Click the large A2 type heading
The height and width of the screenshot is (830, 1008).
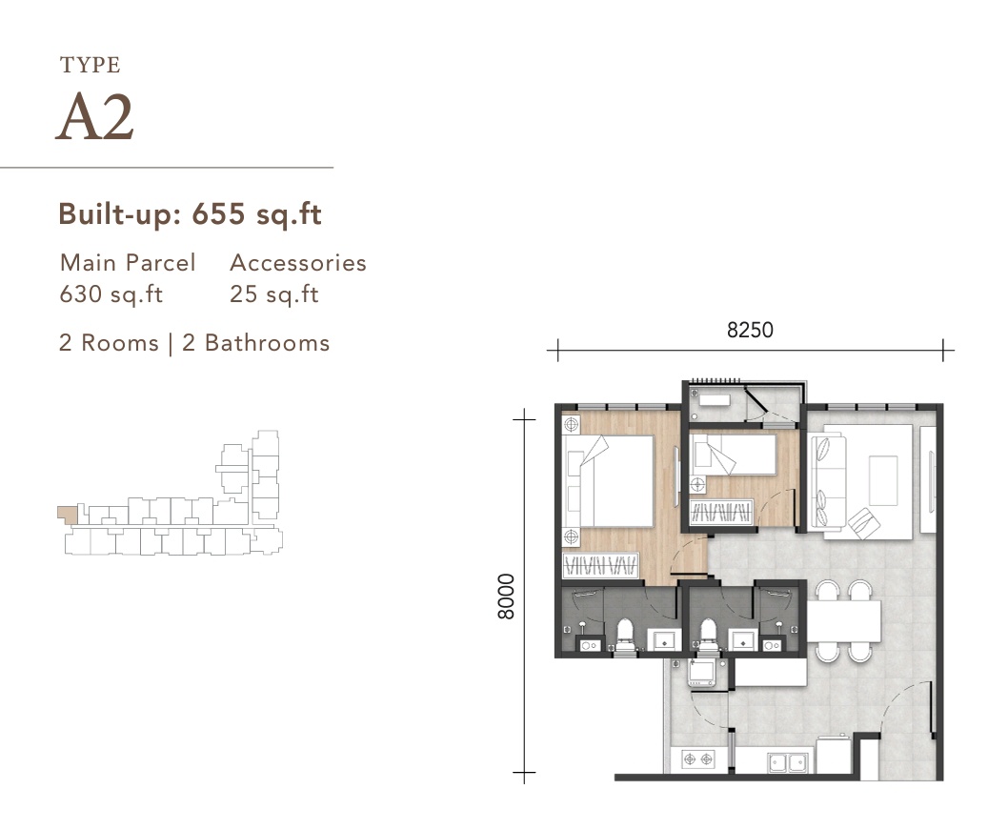pyautogui.click(x=94, y=118)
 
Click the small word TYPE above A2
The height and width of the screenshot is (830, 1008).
pyautogui.click(x=90, y=66)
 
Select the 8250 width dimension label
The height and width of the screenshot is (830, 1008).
pyautogui.click(x=750, y=331)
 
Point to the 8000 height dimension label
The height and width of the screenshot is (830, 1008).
pyautogui.click(x=506, y=597)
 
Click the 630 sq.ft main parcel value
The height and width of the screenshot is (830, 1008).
pyautogui.click(x=111, y=294)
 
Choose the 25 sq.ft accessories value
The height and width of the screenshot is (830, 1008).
pyautogui.click(x=273, y=294)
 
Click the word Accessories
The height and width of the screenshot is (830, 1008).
pyautogui.click(x=297, y=263)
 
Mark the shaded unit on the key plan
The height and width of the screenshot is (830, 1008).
pyautogui.click(x=66, y=514)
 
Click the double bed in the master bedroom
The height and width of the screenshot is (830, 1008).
pyautogui.click(x=614, y=481)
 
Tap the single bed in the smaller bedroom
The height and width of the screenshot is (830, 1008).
pyautogui.click(x=736, y=454)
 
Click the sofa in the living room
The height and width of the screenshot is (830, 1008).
pyautogui.click(x=825, y=481)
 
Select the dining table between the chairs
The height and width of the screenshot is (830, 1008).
pyautogui.click(x=844, y=621)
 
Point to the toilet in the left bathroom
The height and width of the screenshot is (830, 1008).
pyautogui.click(x=625, y=636)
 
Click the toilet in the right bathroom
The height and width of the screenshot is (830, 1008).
pyautogui.click(x=707, y=636)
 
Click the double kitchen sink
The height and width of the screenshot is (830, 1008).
pyautogui.click(x=788, y=761)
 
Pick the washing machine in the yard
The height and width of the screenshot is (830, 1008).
pyautogui.click(x=702, y=673)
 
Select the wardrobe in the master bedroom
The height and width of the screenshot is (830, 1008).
pyautogui.click(x=599, y=566)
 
